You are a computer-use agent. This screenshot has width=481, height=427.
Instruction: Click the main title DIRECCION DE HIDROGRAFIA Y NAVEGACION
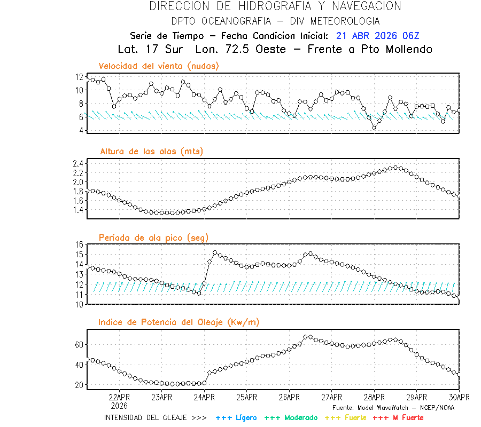pos(275,6)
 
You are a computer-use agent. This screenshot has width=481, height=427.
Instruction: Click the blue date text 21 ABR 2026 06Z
pos(378,36)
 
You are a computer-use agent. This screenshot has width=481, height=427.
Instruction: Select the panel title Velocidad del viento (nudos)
pos(159,66)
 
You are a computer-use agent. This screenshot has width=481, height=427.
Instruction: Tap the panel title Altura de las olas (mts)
pos(152,152)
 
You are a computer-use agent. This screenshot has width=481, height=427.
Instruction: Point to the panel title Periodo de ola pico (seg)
pos(153,237)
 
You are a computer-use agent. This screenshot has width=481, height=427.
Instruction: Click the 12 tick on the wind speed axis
pos(80,77)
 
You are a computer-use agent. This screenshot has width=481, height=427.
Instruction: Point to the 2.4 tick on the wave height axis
pos(78,163)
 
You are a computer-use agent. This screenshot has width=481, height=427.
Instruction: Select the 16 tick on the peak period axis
pos(80,244)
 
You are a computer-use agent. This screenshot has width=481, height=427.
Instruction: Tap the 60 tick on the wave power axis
pos(80,345)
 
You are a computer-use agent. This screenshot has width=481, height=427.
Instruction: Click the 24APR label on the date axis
pos(204,397)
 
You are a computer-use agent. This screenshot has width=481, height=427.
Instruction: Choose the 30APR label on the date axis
pos(459,397)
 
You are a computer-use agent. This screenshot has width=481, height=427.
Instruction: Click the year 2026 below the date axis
pos(119,405)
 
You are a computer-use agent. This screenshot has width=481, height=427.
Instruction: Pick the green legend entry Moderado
pos(300,417)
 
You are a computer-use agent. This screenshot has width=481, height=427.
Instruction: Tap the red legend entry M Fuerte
pos(407,417)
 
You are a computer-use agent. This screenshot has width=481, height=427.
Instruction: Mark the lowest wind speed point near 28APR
pos(374,128)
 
